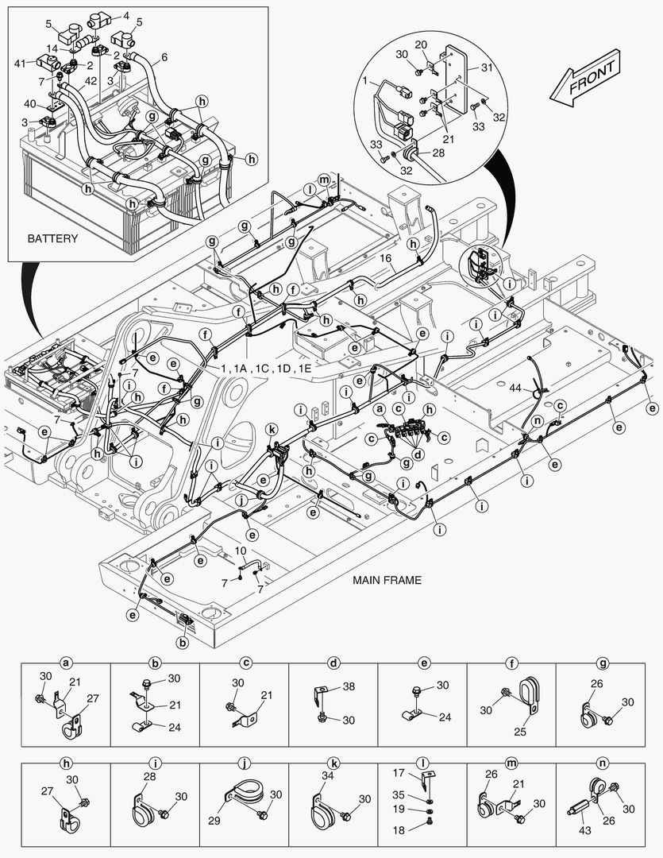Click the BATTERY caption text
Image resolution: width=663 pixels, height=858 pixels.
click(x=52, y=238)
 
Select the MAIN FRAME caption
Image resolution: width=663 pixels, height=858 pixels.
click(x=387, y=581)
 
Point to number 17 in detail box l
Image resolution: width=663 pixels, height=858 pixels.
click(x=399, y=771)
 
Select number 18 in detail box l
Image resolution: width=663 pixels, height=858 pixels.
click(x=399, y=829)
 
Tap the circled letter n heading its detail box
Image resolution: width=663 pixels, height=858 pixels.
click(x=601, y=762)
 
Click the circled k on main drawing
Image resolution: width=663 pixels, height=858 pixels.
click(x=272, y=428)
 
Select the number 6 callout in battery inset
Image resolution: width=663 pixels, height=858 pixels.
click(x=164, y=57)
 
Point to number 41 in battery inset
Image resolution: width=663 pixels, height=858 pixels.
click(x=20, y=61)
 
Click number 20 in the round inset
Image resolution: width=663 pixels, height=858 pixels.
click(x=421, y=44)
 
